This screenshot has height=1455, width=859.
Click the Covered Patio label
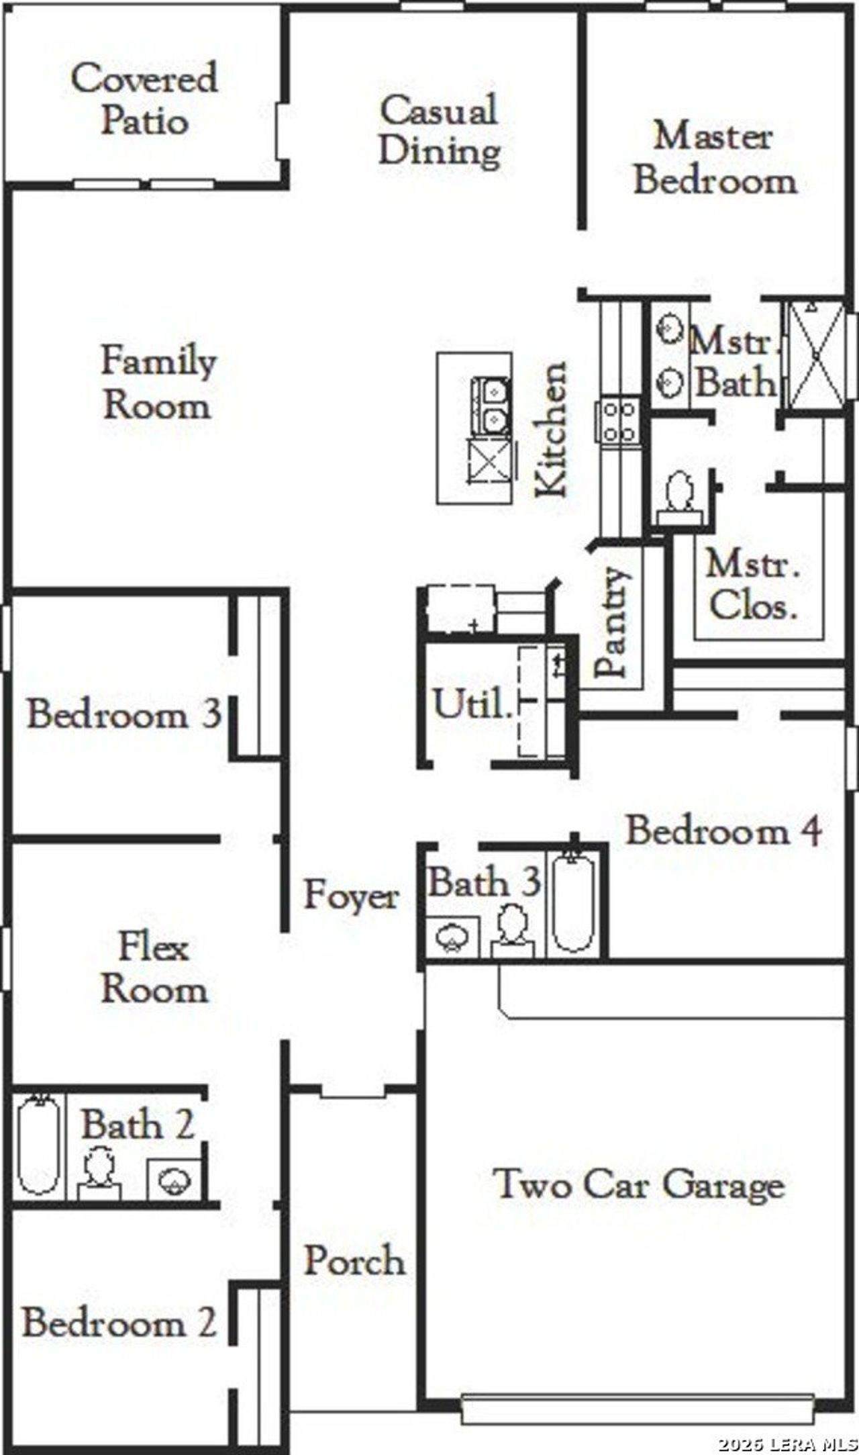[144, 99]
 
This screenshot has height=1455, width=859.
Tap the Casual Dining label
[440, 130]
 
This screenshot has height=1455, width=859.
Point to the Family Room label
[158, 383]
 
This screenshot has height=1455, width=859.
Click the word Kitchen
[552, 430]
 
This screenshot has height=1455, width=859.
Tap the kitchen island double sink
[491, 407]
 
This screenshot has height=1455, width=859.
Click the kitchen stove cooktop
[618, 421]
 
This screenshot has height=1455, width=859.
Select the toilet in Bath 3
[513, 930]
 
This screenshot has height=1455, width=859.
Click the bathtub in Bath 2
[39, 1145]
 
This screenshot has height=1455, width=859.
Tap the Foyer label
[351, 895]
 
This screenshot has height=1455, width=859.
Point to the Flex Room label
[154, 968]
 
